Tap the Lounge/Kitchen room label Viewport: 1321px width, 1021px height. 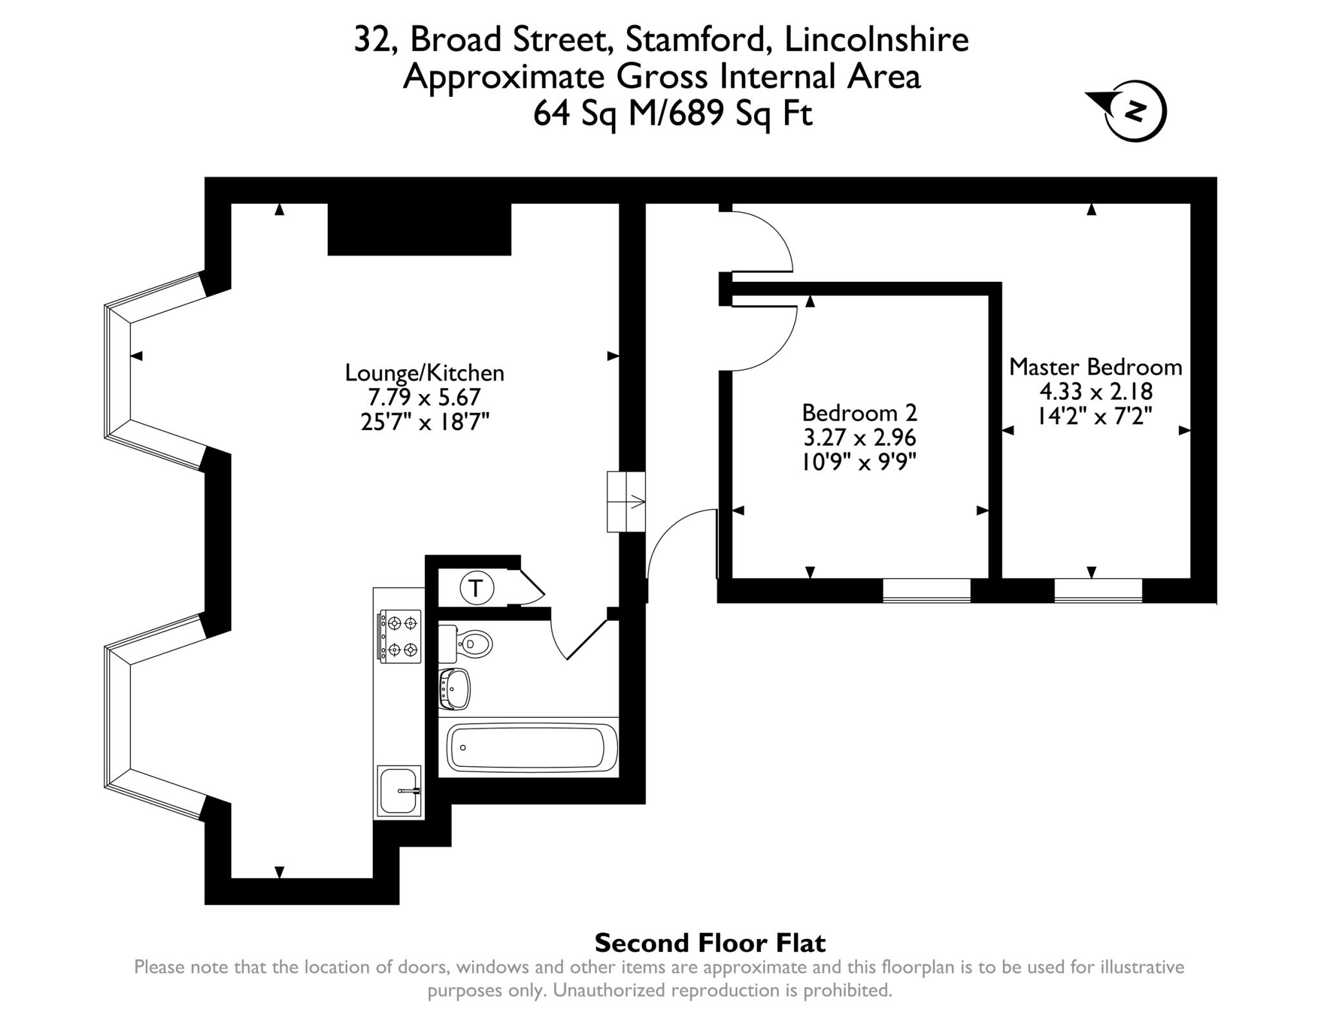[424, 373]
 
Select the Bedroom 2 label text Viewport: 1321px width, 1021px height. [859, 413]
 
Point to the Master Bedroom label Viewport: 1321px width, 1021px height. [1095, 367]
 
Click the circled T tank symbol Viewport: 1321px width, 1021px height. [476, 588]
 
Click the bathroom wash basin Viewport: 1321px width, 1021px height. [454, 689]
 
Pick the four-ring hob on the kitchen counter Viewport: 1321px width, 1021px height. [400, 637]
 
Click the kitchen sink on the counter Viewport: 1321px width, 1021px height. [399, 791]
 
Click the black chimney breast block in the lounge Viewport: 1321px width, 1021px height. [419, 229]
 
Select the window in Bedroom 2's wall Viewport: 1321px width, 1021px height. [926, 591]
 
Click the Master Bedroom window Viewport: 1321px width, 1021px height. [1098, 591]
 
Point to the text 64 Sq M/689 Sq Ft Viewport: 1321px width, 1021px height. [672, 114]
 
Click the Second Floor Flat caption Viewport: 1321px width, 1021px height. [709, 943]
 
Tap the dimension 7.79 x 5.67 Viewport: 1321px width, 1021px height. [424, 397]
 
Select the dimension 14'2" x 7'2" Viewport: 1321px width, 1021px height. [1095, 416]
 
